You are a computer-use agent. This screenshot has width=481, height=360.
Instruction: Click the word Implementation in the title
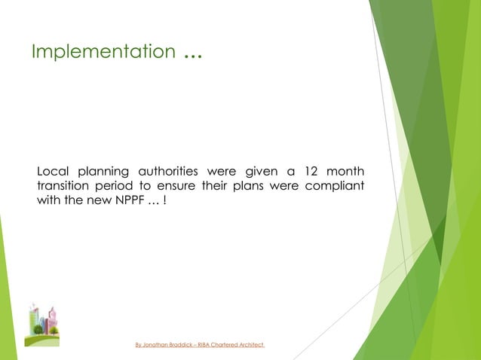point(103,52)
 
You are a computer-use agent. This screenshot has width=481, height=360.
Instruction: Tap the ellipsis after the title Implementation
point(191,53)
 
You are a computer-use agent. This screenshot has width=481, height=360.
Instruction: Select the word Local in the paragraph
point(55,170)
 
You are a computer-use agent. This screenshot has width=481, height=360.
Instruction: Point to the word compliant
point(335,186)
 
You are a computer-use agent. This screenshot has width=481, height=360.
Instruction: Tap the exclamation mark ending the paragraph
point(165,201)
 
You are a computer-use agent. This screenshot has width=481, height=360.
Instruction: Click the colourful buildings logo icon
point(42,324)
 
